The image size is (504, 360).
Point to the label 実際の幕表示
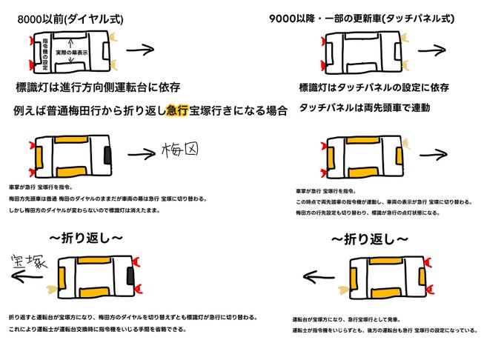click(x=74, y=53)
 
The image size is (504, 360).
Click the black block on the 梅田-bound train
click(x=109, y=155)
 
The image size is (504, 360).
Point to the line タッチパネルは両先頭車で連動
click(x=363, y=108)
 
